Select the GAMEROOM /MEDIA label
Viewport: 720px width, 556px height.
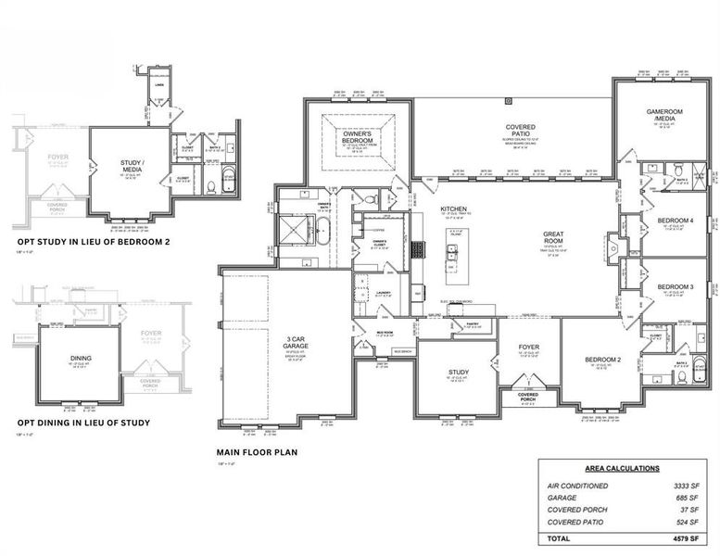point(663,115)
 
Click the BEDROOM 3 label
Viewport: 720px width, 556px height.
point(676,287)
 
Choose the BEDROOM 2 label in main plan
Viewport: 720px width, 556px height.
point(602,359)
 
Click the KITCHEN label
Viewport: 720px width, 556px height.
point(453,209)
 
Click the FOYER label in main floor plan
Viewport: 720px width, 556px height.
point(527,347)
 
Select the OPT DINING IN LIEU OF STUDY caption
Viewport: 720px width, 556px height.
point(83,423)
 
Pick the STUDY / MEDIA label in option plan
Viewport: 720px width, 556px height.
point(131,167)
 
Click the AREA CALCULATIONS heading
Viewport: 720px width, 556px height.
point(622,469)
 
